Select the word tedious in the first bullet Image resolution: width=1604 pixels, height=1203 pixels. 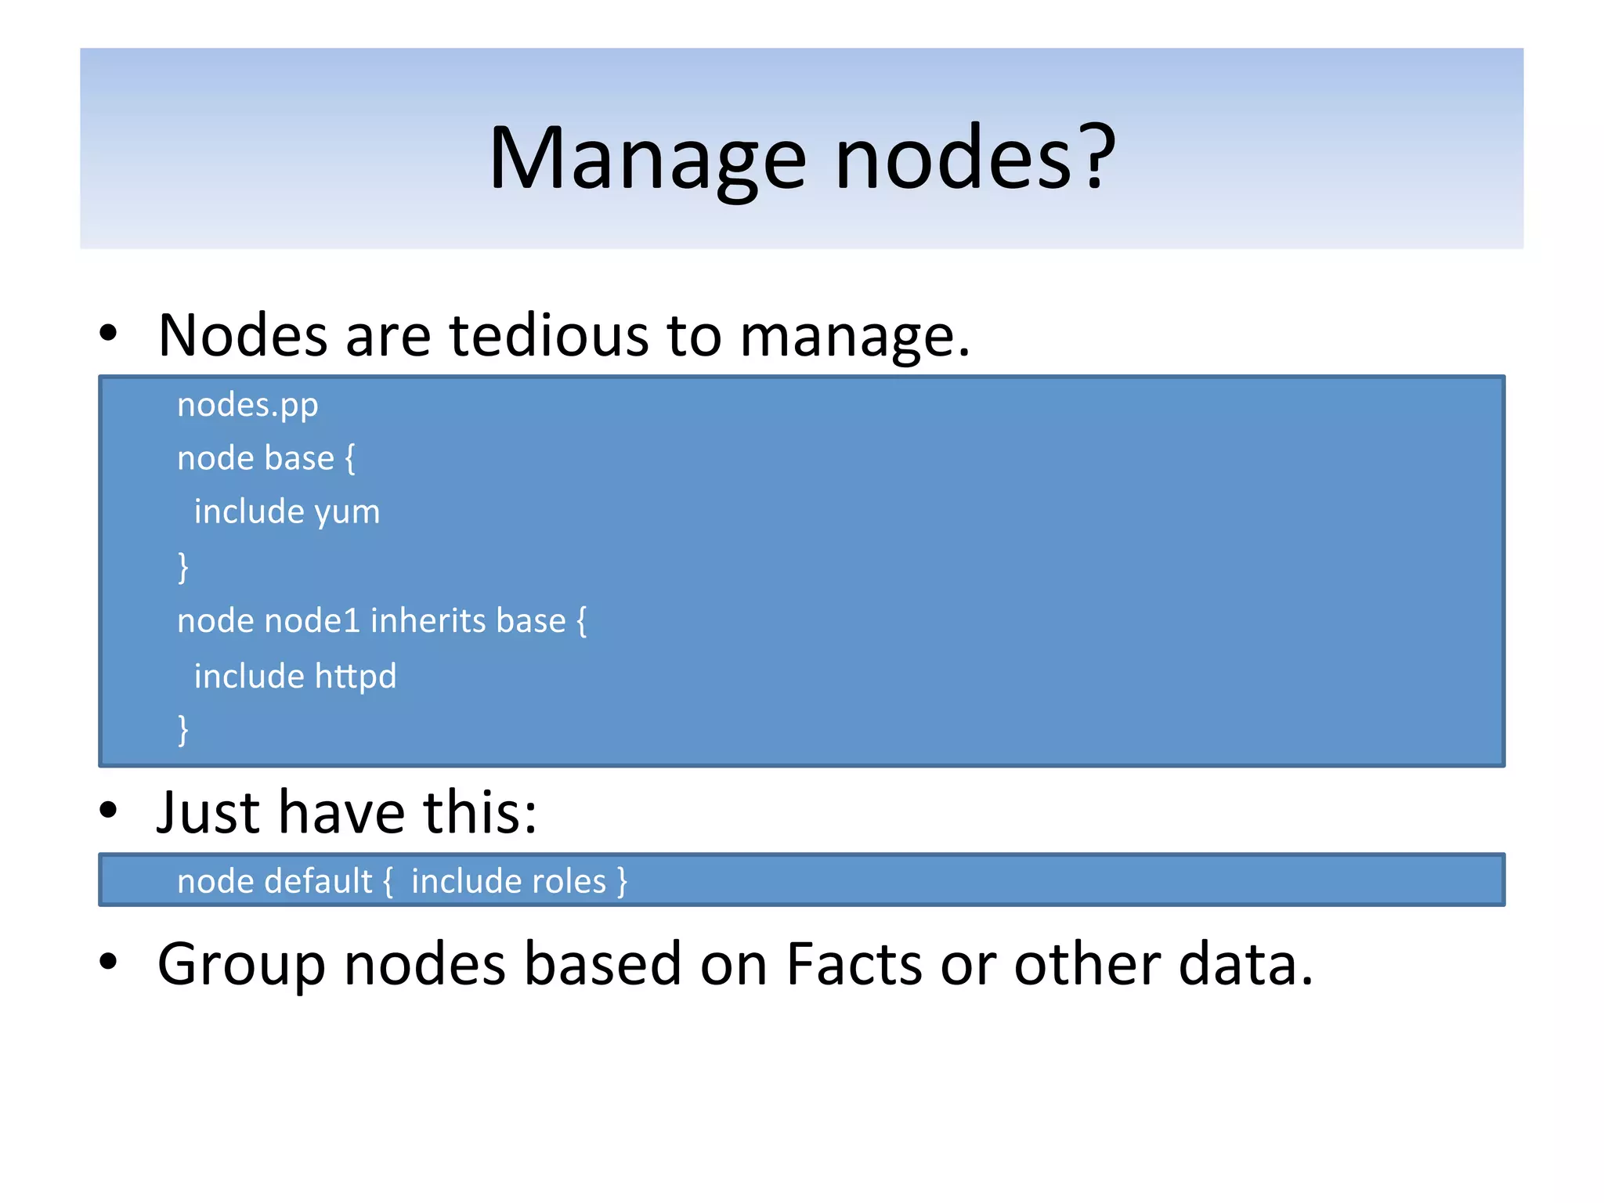click(548, 336)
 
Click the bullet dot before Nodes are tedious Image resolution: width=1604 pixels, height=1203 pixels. click(108, 332)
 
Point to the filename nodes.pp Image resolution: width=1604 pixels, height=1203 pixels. click(247, 406)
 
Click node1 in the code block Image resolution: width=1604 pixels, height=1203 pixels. click(312, 621)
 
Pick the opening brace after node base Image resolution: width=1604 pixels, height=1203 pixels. click(350, 459)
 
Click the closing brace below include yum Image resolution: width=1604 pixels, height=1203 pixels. click(183, 567)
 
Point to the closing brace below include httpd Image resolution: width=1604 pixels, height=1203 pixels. click(183, 730)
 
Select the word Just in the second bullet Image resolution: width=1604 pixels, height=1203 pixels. click(209, 812)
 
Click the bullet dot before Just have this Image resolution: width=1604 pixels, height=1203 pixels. click(108, 810)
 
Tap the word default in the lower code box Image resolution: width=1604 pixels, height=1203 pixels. click(318, 881)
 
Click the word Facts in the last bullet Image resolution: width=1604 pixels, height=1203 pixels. click(854, 963)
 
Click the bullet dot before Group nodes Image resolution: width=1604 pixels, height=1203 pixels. click(108, 961)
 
